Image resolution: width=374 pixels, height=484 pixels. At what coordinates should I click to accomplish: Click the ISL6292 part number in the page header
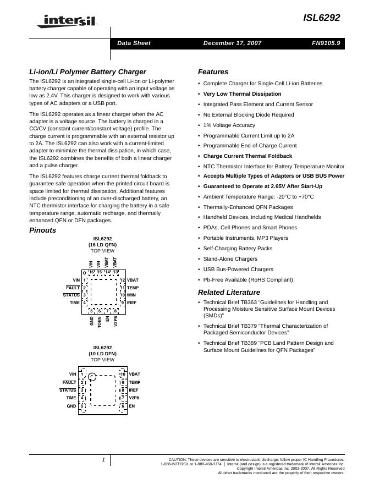tap(321, 18)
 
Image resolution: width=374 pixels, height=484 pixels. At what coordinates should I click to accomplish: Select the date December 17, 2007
tap(232, 43)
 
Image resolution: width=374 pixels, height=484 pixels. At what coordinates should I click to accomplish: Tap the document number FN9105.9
tap(325, 43)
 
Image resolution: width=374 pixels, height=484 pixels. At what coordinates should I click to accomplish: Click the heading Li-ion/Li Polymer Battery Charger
tap(87, 71)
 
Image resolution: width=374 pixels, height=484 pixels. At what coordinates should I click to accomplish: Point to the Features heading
tap(213, 71)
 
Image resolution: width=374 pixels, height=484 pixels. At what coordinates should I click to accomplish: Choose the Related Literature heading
tap(229, 292)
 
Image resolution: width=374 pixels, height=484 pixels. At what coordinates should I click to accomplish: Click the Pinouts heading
tap(42, 230)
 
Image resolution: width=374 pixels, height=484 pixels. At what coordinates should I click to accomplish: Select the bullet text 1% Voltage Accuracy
tap(229, 125)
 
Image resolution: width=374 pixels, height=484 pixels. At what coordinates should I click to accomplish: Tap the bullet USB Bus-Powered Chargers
tap(238, 269)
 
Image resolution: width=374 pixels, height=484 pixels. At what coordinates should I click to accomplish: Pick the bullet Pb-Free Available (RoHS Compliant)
tap(248, 280)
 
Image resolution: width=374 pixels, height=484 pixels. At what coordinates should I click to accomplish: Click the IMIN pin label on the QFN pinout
tap(131, 295)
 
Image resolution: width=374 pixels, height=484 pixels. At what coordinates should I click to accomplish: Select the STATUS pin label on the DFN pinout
tap(68, 390)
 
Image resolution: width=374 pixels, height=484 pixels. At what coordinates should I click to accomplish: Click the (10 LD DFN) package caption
tap(102, 354)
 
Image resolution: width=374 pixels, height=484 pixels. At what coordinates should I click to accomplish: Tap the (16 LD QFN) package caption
tap(102, 245)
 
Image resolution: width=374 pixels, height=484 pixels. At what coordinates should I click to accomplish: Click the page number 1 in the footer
tap(103, 460)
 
